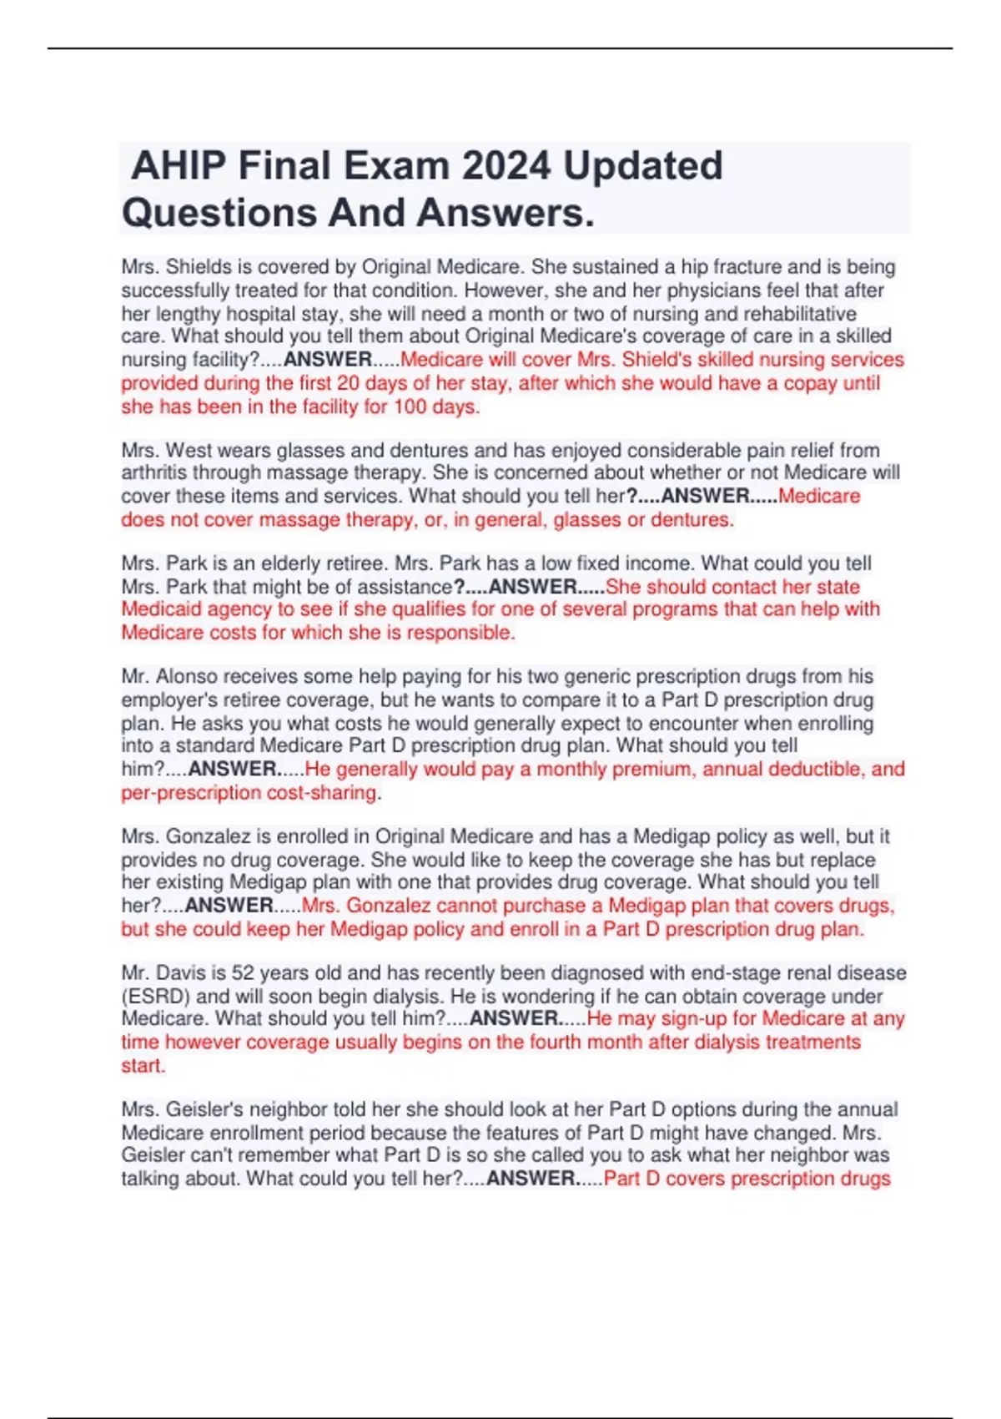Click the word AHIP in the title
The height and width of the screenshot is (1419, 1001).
click(179, 165)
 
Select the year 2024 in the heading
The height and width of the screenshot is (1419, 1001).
click(506, 165)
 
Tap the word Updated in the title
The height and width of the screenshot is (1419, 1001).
click(643, 165)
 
